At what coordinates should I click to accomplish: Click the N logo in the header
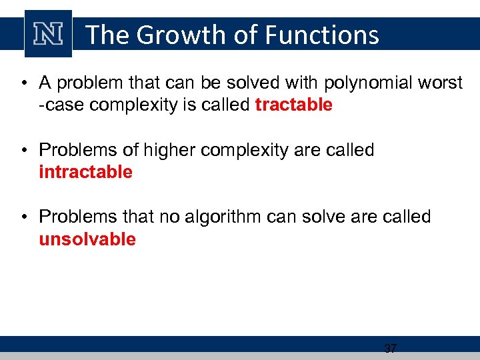(x=48, y=33)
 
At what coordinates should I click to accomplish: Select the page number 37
(x=391, y=348)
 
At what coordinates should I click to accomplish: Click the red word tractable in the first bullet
(x=293, y=105)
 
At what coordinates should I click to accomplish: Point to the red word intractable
(x=86, y=172)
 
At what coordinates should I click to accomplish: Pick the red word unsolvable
(x=87, y=239)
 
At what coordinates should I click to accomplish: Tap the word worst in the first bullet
(x=442, y=83)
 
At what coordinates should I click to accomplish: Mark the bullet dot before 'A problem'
(x=23, y=84)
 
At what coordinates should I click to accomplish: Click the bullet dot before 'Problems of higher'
(x=23, y=151)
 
